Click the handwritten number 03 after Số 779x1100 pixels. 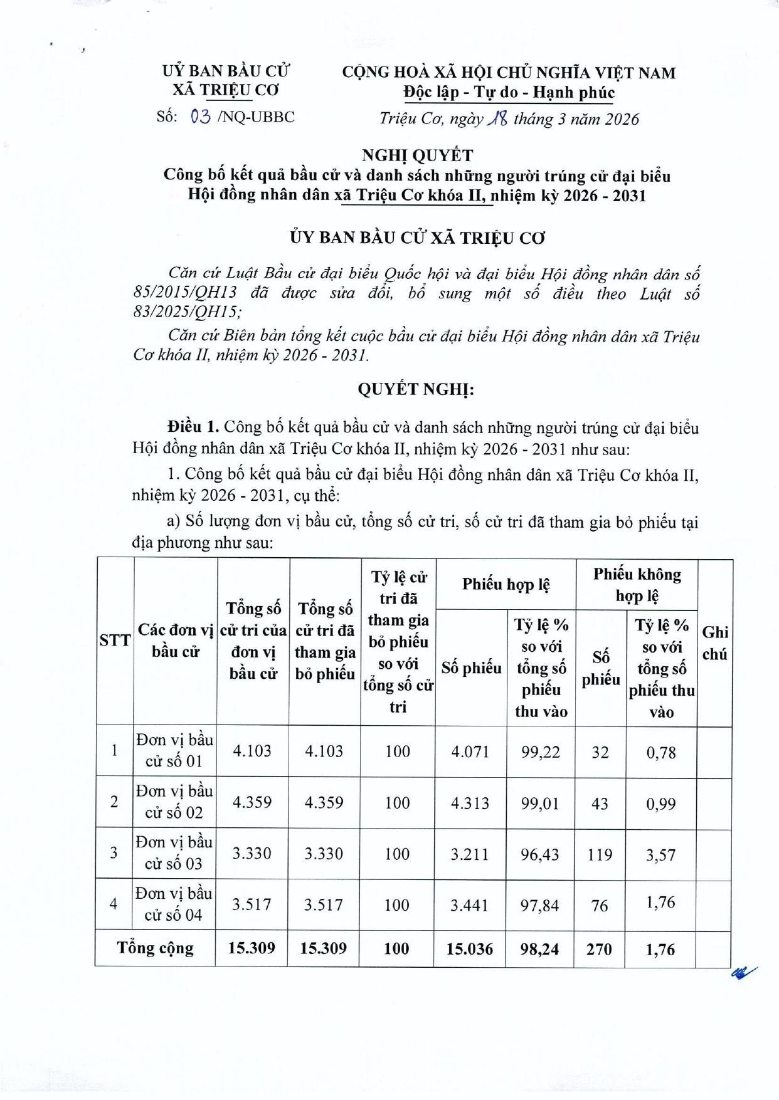pyautogui.click(x=200, y=117)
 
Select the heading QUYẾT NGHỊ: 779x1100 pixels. pyautogui.click(x=416, y=389)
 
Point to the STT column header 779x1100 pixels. pyautogui.click(x=115, y=641)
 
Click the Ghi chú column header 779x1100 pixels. pyautogui.click(x=714, y=643)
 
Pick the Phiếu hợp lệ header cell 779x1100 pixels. pyautogui.click(x=506, y=584)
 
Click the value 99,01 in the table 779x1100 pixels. pyautogui.click(x=540, y=803)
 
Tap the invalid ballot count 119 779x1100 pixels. pyautogui.click(x=600, y=854)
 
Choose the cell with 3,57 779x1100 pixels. pyautogui.click(x=661, y=854)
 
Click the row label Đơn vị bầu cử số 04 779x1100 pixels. pyautogui.click(x=174, y=904)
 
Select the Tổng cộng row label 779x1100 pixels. pyautogui.click(x=156, y=948)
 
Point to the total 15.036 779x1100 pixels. pyautogui.click(x=470, y=948)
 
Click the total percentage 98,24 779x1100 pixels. pyautogui.click(x=539, y=949)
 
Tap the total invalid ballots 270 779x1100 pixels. pyautogui.click(x=599, y=949)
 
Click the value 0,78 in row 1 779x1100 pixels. pyautogui.click(x=661, y=752)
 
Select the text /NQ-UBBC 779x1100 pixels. pyautogui.click(x=255, y=117)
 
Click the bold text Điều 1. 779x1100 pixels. pyautogui.click(x=193, y=428)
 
